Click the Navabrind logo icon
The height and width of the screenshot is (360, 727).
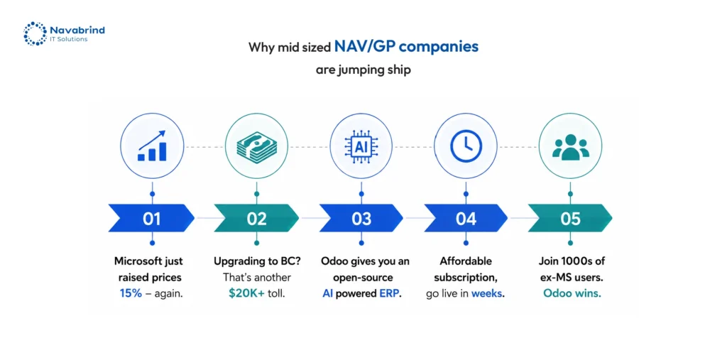point(35,34)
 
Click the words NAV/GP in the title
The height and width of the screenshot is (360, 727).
point(365,47)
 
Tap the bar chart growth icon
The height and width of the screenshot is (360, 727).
point(152,146)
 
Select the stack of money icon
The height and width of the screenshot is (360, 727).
point(256,146)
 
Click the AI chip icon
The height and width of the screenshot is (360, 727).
point(361,146)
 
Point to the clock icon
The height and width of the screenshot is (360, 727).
point(466,146)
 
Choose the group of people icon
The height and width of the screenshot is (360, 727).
point(571,148)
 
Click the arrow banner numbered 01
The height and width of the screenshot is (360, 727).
point(151,218)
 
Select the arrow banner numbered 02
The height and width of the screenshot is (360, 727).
point(256,218)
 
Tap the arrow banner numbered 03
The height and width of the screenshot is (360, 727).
point(361,218)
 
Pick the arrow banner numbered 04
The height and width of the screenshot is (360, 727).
point(466,218)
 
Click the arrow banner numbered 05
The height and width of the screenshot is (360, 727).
point(570,218)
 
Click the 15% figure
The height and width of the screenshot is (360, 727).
point(131,294)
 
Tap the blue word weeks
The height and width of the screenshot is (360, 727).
point(487,294)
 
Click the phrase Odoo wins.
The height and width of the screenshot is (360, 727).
point(572,294)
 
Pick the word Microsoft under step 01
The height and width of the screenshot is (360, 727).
point(134,261)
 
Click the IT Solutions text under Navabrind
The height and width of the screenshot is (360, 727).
point(68,40)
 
